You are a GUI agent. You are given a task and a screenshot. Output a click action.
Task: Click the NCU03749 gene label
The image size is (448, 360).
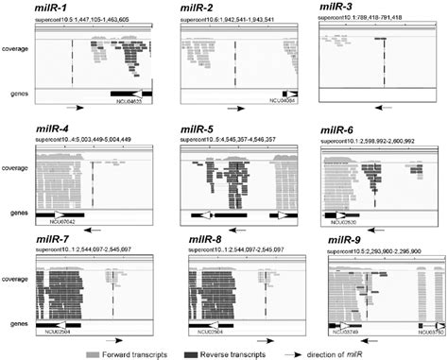(x=345, y=330)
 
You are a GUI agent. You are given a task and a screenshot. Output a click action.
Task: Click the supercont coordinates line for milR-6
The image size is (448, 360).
(x=370, y=139)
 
